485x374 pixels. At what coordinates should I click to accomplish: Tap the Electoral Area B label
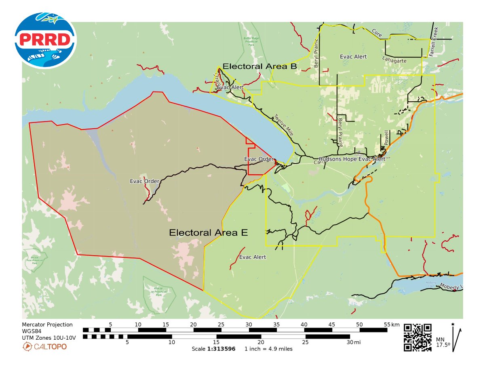pos(260,66)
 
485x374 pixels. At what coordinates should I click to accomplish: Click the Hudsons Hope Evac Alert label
pos(352,159)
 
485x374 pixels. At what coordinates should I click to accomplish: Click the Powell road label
pos(386,138)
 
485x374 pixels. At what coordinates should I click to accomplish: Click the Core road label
pos(377,32)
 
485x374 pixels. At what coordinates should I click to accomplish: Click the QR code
pos(418,337)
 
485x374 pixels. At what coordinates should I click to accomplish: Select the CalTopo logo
pos(44,346)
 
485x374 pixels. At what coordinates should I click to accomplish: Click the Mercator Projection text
pos(47,324)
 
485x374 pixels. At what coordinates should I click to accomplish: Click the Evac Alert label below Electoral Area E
pos(253,257)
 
